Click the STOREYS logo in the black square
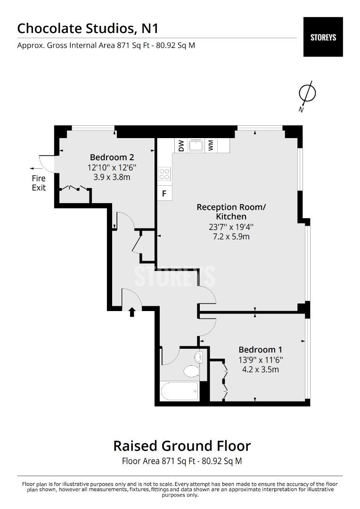pyautogui.click(x=323, y=37)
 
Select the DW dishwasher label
pyautogui.click(x=181, y=146)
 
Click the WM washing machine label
pyautogui.click(x=211, y=146)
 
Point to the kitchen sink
pyautogui.click(x=196, y=146)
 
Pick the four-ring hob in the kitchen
pyautogui.click(x=164, y=173)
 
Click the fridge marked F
pyautogui.click(x=164, y=194)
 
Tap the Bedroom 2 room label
pyautogui.click(x=112, y=157)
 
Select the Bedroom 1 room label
pyautogui.click(x=261, y=350)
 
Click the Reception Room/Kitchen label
pyautogui.click(x=231, y=212)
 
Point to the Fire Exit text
pyautogui.click(x=39, y=183)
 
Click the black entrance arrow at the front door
pyautogui.click(x=132, y=312)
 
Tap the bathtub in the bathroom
pyautogui.click(x=179, y=391)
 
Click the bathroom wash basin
pyautogui.click(x=198, y=357)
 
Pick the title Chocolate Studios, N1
pyautogui.click(x=88, y=29)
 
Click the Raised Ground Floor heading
pyautogui.click(x=182, y=446)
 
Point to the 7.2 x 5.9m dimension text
pyautogui.click(x=231, y=237)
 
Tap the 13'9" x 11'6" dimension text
pyautogui.click(x=261, y=360)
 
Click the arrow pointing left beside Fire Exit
pyautogui.click(x=36, y=168)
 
